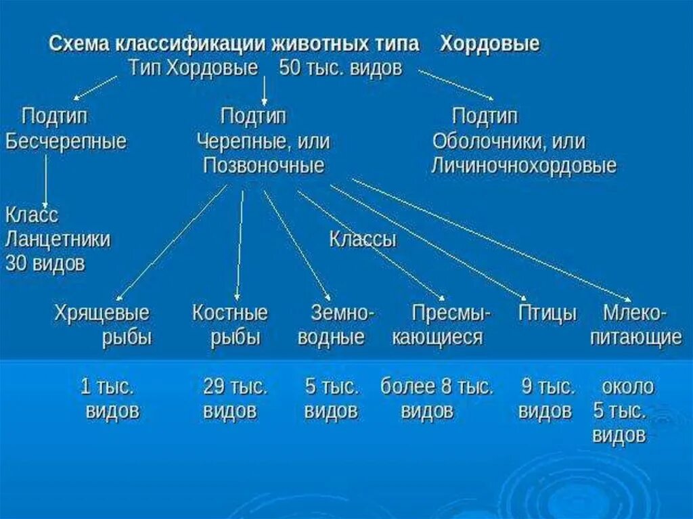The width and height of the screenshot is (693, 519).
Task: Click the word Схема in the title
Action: [79, 45]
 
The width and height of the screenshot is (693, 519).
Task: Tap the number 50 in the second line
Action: [290, 68]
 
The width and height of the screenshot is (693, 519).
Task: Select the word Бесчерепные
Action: [66, 142]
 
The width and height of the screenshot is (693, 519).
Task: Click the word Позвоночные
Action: [263, 166]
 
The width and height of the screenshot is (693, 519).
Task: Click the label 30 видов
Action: [45, 263]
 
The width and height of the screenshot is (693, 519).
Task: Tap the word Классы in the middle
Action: [363, 240]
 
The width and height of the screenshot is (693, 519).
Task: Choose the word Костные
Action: [230, 313]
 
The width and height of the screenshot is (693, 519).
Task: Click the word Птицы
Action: [547, 313]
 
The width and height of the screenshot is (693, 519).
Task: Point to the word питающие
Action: [635, 338]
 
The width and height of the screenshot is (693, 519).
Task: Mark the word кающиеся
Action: [437, 338]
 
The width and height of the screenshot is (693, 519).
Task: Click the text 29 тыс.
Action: [236, 387]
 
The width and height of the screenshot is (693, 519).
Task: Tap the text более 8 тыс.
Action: [437, 387]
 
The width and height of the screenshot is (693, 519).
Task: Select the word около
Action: [627, 387]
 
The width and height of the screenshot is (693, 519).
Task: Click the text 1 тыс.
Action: [107, 387]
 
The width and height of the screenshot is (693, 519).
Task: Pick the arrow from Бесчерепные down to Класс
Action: [45, 179]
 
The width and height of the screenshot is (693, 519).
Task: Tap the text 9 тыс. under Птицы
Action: [547, 387]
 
